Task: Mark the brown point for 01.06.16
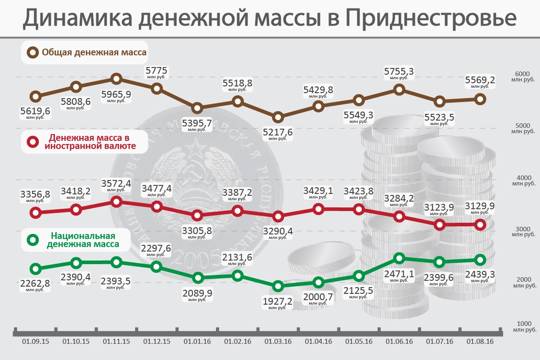399,90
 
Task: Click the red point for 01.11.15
117,202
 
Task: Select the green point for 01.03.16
278,286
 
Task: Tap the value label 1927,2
278,301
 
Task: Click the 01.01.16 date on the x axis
197,342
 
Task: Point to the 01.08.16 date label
480,342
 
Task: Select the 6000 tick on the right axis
522,74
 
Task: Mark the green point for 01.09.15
36,269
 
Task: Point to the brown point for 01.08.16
480,99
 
